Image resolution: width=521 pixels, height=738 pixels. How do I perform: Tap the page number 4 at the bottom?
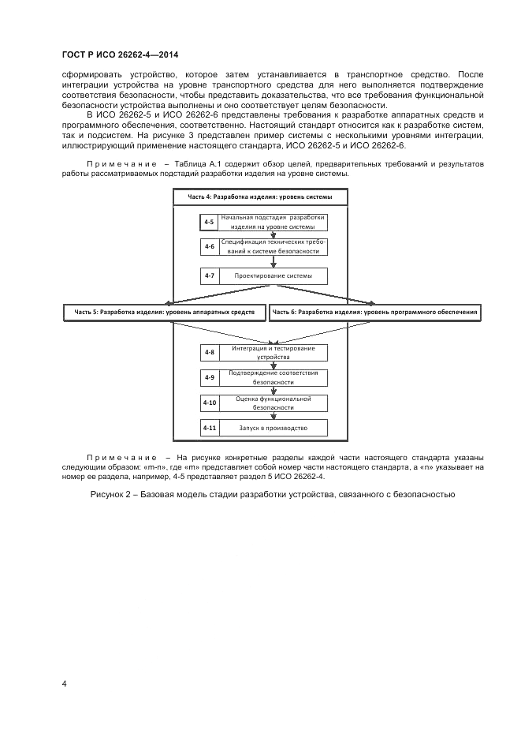[x=65, y=684]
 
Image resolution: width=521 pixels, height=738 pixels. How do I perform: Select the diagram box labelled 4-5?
[x=209, y=222]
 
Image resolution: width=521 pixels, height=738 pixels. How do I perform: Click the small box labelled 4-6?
[x=209, y=247]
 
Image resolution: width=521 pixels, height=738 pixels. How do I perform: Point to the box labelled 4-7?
[x=209, y=275]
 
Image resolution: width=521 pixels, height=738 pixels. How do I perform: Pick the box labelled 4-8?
[x=209, y=353]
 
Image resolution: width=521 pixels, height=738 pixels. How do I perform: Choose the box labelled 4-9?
[x=209, y=377]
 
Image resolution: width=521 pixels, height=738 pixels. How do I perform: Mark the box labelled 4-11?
[x=209, y=428]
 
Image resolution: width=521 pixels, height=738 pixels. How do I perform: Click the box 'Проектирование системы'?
[x=272, y=275]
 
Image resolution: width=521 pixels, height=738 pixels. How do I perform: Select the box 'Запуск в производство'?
[x=272, y=428]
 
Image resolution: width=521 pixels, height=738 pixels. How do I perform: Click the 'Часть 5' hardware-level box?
[x=165, y=313]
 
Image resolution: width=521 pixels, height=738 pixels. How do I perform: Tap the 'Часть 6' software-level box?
[x=375, y=313]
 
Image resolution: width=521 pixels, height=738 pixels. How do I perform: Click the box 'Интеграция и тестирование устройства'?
[x=272, y=353]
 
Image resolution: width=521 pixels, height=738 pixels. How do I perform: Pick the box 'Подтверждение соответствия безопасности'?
[x=272, y=377]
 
